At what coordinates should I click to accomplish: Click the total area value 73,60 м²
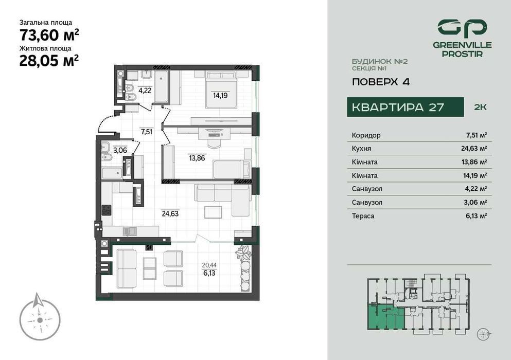pyautogui.click(x=49, y=35)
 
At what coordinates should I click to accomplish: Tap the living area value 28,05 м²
pyautogui.click(x=49, y=61)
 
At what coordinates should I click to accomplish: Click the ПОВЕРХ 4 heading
pyautogui.click(x=380, y=82)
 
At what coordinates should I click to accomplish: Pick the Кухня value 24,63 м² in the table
pyautogui.click(x=476, y=149)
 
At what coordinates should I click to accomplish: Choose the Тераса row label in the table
pyautogui.click(x=363, y=216)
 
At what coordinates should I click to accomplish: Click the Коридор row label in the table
pyautogui.click(x=366, y=135)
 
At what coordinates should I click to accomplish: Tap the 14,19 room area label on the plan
pyautogui.click(x=220, y=95)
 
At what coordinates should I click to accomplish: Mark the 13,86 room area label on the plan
pyautogui.click(x=198, y=158)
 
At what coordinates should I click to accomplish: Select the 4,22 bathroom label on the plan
pyautogui.click(x=145, y=91)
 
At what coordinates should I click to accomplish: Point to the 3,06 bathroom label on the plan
pyautogui.click(x=119, y=150)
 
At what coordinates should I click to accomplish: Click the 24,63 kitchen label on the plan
pyautogui.click(x=170, y=213)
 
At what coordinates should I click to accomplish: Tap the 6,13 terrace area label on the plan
pyautogui.click(x=209, y=274)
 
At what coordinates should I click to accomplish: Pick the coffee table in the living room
pyautogui.click(x=213, y=211)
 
